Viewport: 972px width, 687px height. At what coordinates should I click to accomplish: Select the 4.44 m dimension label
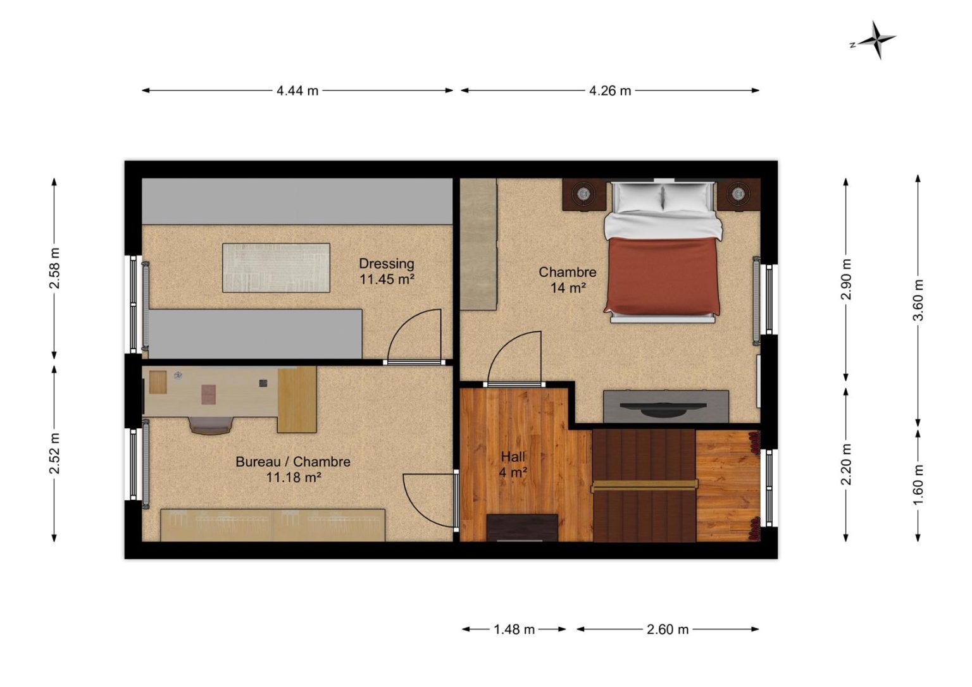click(297, 90)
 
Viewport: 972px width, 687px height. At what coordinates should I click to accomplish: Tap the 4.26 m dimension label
click(609, 90)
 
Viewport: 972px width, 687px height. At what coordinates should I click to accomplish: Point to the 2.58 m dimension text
click(54, 268)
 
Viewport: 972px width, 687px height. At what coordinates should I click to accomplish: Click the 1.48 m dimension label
click(514, 629)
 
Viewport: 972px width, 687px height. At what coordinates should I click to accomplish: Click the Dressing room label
click(387, 271)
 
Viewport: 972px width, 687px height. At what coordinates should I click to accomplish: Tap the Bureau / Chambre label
click(294, 469)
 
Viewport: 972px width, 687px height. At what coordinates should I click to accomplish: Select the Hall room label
click(513, 464)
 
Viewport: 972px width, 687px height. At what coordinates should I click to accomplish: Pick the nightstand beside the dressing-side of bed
click(584, 195)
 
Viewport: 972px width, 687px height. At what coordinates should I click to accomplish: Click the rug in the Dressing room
click(276, 268)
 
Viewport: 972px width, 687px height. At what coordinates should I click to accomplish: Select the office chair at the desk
click(211, 425)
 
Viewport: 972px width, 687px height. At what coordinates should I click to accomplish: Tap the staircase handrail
click(644, 486)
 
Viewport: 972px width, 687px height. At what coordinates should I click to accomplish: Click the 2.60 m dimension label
click(668, 629)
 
